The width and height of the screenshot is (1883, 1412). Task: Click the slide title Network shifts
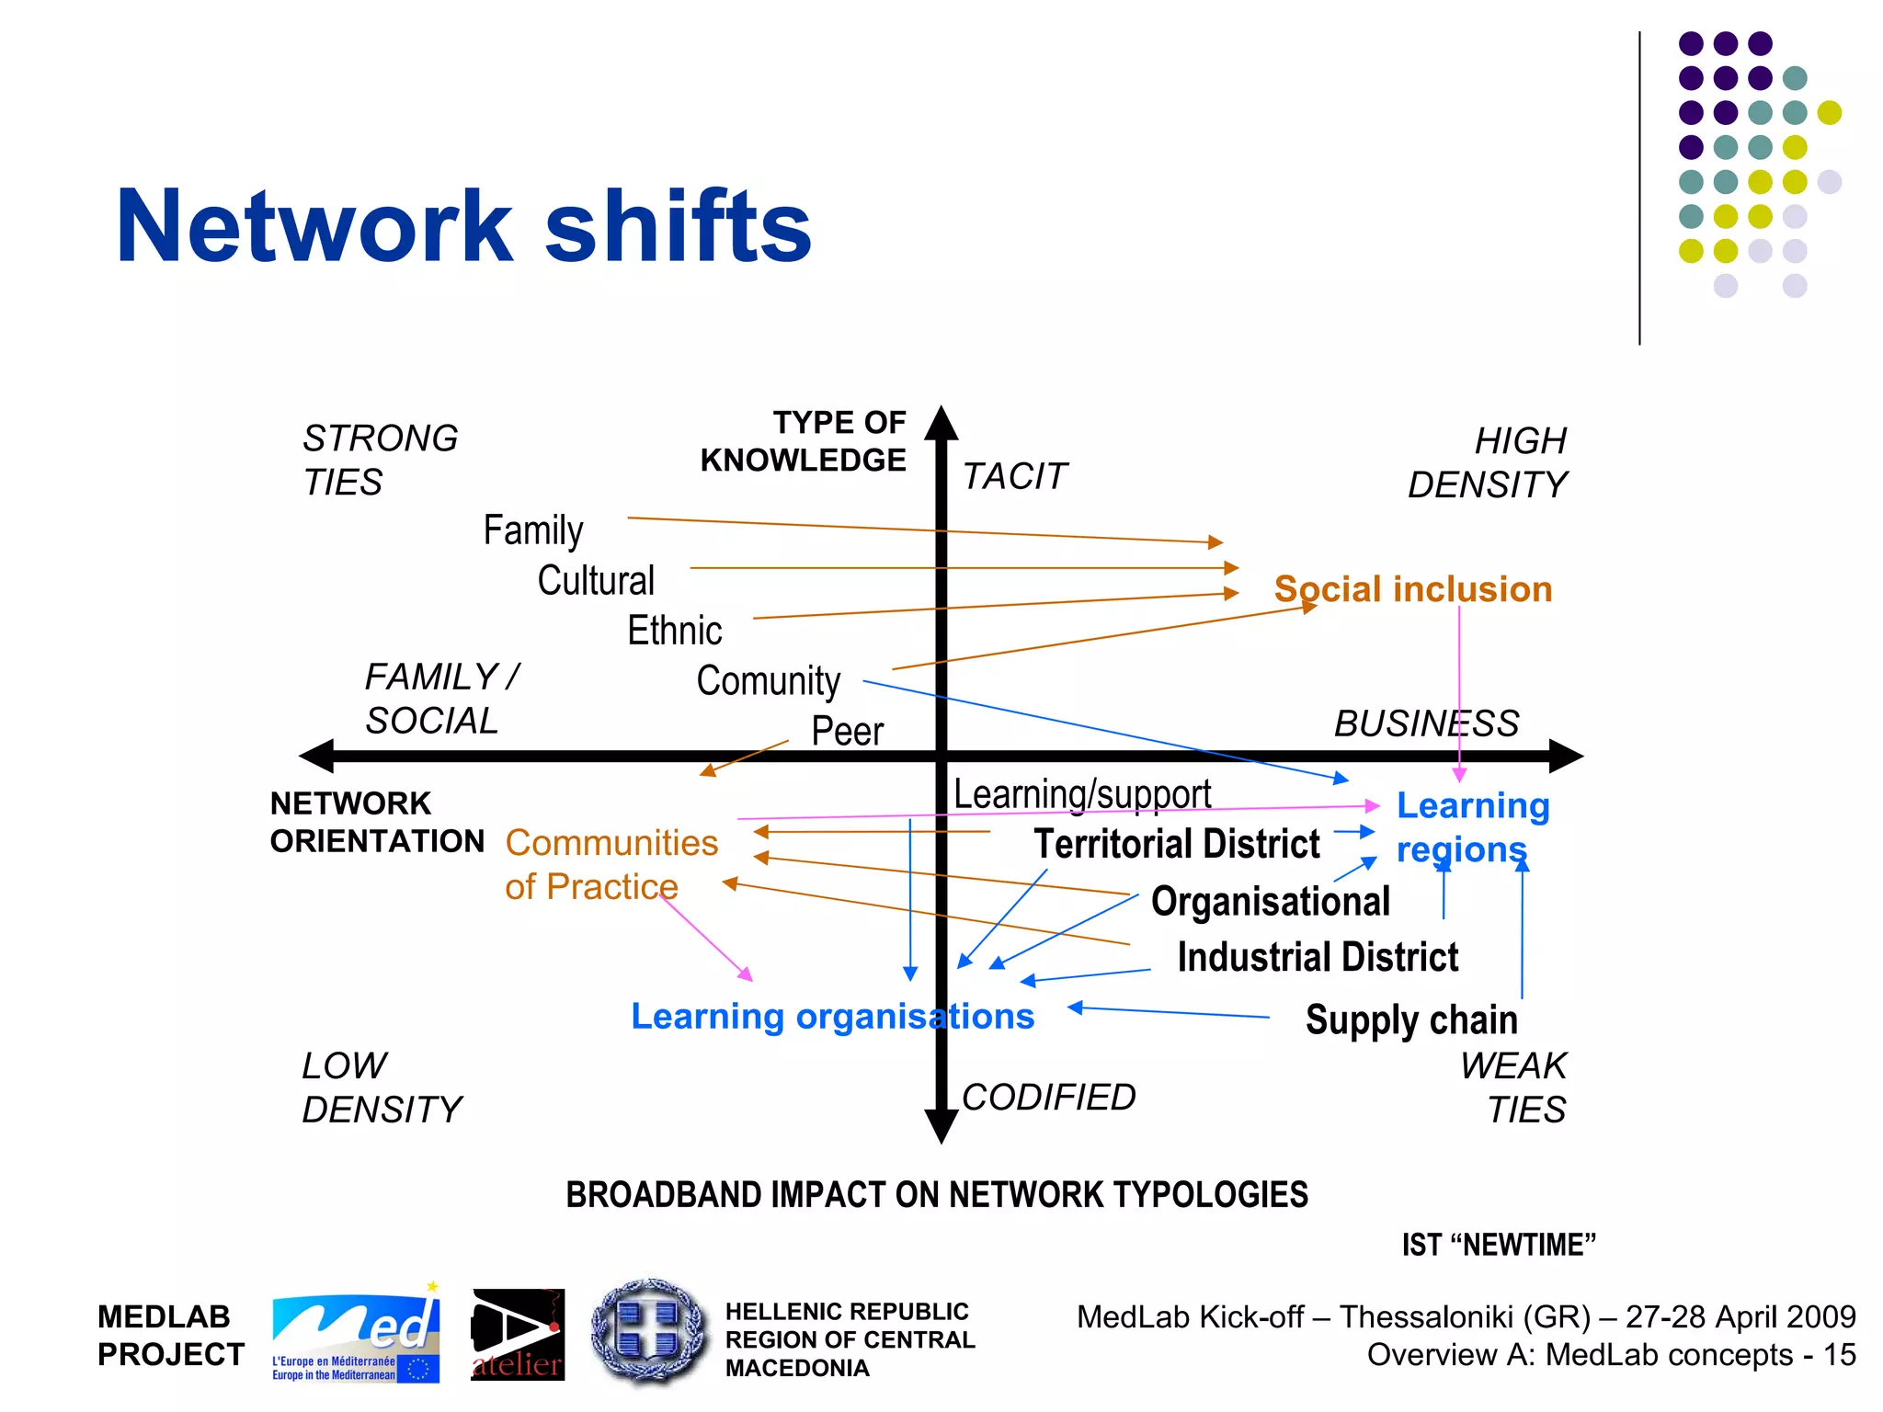pyautogui.click(x=463, y=226)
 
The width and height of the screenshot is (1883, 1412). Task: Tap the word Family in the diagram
pyautogui.click(x=532, y=530)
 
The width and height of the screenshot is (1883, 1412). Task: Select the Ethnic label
pyautogui.click(x=674, y=631)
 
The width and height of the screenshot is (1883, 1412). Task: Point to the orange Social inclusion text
pyautogui.click(x=1412, y=589)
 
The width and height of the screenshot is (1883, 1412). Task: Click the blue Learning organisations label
pyautogui.click(x=832, y=1017)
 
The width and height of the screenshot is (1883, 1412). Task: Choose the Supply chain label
pyautogui.click(x=1410, y=1020)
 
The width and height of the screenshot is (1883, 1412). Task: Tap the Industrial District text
pyautogui.click(x=1317, y=957)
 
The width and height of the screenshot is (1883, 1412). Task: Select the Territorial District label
pyautogui.click(x=1176, y=844)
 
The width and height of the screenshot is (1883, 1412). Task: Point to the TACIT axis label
pyautogui.click(x=1014, y=476)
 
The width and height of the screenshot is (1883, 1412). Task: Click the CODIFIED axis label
pyautogui.click(x=1048, y=1097)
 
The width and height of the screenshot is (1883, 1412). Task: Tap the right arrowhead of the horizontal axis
pyautogui.click(x=1565, y=756)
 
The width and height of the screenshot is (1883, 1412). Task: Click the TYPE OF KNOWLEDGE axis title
pyautogui.click(x=803, y=441)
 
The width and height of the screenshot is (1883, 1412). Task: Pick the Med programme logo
pyautogui.click(x=355, y=1336)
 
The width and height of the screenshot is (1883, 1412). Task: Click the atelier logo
pyautogui.click(x=517, y=1335)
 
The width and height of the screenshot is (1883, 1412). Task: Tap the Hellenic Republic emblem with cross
pyautogui.click(x=649, y=1332)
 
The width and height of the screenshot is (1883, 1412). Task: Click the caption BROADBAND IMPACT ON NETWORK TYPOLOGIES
pyautogui.click(x=936, y=1195)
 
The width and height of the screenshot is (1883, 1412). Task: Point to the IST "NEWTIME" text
pyautogui.click(x=1498, y=1245)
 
